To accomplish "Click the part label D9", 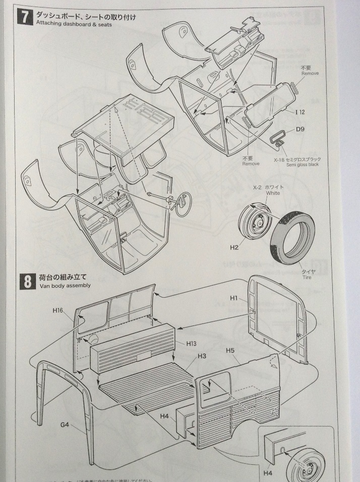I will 302,131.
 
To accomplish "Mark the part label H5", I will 231,351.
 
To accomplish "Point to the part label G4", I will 65,424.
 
